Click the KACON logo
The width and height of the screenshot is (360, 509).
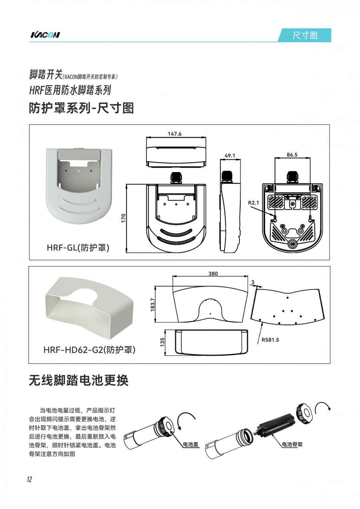[x=45, y=35]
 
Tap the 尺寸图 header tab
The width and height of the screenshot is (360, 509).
[x=304, y=35]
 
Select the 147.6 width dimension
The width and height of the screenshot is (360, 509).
[x=175, y=134]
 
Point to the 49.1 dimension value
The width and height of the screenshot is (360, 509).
[x=230, y=156]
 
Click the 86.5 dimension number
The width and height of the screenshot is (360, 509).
[x=292, y=155]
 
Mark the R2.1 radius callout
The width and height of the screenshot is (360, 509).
[x=253, y=202]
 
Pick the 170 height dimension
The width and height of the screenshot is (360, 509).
[x=123, y=218]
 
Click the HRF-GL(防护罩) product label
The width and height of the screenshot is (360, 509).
[x=78, y=247]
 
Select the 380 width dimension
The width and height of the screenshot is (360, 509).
[x=213, y=274]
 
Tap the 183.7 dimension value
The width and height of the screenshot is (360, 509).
[x=153, y=305]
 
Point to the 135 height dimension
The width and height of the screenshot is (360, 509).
[x=162, y=342]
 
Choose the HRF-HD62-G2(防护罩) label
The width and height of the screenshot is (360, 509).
[x=89, y=350]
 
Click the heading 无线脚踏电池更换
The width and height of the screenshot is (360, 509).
[x=78, y=380]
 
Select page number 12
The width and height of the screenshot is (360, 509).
[x=30, y=479]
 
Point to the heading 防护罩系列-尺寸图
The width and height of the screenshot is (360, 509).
[x=81, y=108]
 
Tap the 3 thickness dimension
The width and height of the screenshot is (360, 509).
[x=253, y=282]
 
